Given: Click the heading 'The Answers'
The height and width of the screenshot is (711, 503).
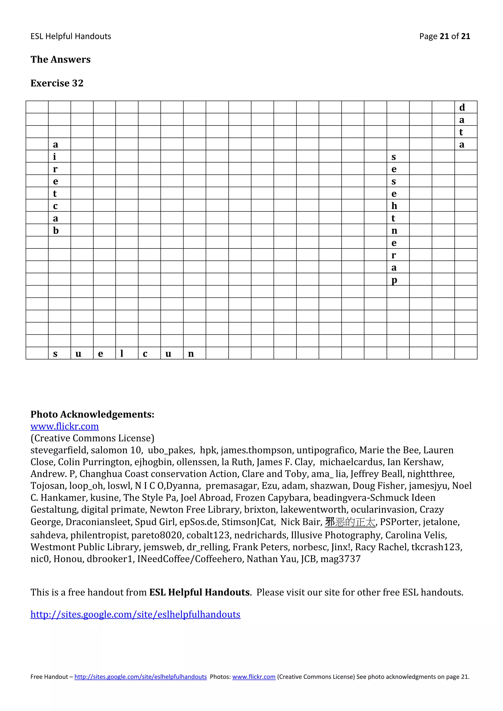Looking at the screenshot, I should pos(60,59).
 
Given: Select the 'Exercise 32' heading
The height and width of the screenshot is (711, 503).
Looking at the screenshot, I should pos(57,83).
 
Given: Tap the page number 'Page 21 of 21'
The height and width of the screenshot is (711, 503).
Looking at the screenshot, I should pos(445,37).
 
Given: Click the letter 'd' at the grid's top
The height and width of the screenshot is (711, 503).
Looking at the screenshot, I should pos(462,108).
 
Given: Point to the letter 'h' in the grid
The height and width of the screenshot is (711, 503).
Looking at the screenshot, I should pos(394,206).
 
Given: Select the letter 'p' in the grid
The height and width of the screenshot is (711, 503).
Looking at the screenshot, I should pos(394,280).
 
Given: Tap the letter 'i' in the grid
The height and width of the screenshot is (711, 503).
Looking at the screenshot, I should pos(55,157).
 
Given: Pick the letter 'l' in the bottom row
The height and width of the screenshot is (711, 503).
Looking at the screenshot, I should pos(122,353).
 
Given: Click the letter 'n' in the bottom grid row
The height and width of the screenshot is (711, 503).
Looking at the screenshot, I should pos(191,353).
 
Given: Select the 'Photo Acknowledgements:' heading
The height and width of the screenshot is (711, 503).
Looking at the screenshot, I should pos(92,414).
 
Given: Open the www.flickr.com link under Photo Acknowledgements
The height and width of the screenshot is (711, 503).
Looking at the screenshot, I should pos(64,426).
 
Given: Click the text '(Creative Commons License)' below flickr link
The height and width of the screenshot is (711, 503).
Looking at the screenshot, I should pos(92,438).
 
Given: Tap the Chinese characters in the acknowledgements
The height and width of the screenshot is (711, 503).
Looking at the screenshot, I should pos(350,522).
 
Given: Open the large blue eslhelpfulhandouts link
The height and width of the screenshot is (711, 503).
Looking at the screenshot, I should pos(135,614).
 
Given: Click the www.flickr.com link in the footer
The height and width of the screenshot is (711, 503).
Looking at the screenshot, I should pos(254,677).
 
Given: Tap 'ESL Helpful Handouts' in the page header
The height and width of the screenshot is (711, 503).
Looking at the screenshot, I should pos(71,37).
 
